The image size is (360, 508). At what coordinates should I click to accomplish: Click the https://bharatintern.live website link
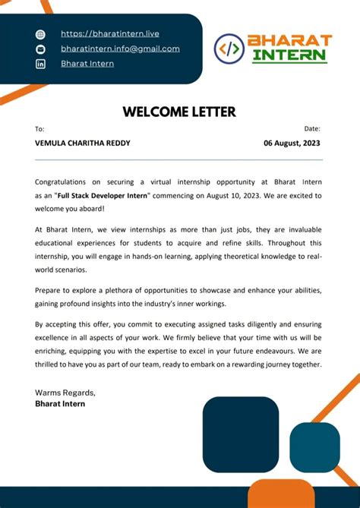(x=109, y=33)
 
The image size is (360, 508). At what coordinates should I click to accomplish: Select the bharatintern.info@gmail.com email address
(x=120, y=49)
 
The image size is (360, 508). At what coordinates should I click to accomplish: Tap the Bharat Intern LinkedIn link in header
(x=87, y=64)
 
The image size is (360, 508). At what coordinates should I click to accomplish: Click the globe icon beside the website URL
(x=41, y=34)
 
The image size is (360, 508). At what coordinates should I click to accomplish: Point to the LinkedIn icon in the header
(x=41, y=64)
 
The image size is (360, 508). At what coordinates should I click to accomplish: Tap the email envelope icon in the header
(x=41, y=49)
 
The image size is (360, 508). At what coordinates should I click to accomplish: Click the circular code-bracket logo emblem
(x=229, y=49)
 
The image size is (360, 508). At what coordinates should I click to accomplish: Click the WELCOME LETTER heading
(x=179, y=112)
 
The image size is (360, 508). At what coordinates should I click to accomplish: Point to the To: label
(x=39, y=129)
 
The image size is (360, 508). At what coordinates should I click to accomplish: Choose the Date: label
(x=312, y=129)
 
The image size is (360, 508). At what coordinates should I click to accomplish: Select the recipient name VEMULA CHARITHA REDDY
(x=83, y=144)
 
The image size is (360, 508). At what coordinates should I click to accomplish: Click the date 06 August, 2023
(x=292, y=144)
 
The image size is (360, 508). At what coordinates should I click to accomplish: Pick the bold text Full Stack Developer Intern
(x=106, y=196)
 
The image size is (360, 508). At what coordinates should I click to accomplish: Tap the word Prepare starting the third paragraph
(x=50, y=291)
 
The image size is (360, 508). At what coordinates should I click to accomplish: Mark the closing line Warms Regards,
(x=65, y=393)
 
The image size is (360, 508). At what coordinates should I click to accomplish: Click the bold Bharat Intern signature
(x=60, y=404)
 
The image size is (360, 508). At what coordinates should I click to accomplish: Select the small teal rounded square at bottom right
(x=314, y=447)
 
